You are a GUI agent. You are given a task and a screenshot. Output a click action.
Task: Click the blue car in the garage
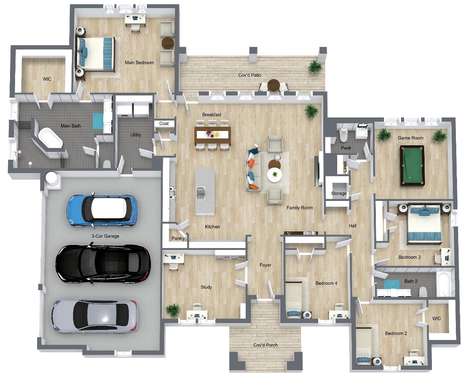click(x=102, y=210)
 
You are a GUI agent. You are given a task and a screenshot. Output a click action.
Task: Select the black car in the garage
click(x=103, y=263)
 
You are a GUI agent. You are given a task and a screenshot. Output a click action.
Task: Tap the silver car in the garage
click(x=94, y=316)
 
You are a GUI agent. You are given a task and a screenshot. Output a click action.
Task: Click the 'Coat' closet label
click(x=164, y=124)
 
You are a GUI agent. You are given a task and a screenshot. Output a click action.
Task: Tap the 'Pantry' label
click(x=178, y=238)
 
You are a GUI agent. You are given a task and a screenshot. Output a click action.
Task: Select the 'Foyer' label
click(x=265, y=265)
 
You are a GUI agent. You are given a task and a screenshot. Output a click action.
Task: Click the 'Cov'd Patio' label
click(x=250, y=75)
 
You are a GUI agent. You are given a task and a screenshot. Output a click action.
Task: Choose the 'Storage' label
click(x=339, y=193)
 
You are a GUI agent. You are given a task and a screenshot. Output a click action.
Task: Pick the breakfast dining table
click(x=213, y=136)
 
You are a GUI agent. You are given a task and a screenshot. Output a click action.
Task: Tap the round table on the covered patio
click(x=273, y=85)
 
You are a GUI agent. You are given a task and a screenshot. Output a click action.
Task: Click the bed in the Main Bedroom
click(x=95, y=54)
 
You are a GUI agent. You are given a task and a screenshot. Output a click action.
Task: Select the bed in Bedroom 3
click(x=424, y=225)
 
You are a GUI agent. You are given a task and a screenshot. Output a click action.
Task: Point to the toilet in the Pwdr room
click(x=343, y=135)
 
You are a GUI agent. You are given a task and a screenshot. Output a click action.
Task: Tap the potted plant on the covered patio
click(x=315, y=66)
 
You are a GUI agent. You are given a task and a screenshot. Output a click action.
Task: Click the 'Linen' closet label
click(x=345, y=167)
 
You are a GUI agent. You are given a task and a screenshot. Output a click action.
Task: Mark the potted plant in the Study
click(x=173, y=311)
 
